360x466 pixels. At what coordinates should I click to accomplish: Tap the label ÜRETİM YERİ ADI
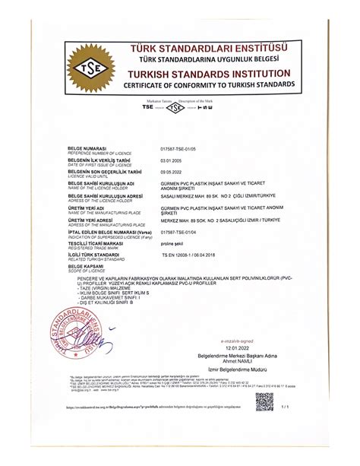(x=87, y=206)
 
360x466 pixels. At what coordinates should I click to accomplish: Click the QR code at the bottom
(x=264, y=400)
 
